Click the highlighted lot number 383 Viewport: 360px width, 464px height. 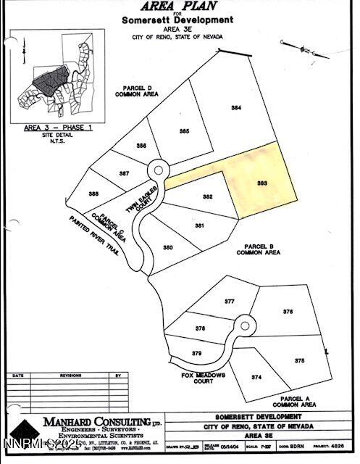(x=262, y=183)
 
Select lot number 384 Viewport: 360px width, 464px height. (x=236, y=107)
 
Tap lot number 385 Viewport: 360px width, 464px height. (x=185, y=130)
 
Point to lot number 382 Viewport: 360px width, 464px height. (x=208, y=197)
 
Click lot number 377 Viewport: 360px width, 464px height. (x=230, y=300)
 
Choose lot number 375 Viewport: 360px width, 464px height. (x=300, y=360)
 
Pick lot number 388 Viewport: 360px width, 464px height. (x=93, y=194)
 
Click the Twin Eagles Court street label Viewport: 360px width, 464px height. (x=132, y=197)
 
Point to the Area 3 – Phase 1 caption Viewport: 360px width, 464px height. (x=48, y=127)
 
